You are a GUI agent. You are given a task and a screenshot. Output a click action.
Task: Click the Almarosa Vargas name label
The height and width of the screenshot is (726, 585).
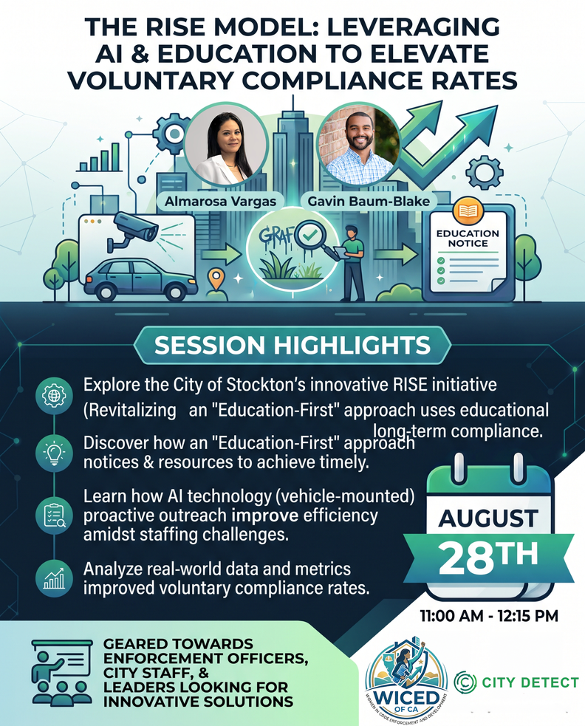(220, 202)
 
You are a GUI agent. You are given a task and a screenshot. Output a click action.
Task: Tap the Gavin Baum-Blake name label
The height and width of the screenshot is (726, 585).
(369, 202)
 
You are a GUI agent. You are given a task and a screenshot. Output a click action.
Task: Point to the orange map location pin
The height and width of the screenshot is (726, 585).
(216, 279)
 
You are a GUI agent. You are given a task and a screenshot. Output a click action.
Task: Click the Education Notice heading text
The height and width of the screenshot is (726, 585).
(468, 239)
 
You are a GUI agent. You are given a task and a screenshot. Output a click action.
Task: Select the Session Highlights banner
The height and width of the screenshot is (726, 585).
(292, 346)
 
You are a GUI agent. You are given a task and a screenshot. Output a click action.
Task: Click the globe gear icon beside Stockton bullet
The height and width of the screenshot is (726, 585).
(54, 396)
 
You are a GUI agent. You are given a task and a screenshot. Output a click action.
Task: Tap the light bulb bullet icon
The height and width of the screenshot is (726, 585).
(54, 452)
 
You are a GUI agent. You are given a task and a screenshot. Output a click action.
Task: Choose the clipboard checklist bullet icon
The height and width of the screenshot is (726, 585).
(54, 516)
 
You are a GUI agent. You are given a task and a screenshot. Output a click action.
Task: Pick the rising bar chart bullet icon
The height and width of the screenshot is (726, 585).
(54, 578)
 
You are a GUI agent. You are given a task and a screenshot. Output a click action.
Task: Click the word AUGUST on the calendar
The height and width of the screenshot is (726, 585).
(489, 518)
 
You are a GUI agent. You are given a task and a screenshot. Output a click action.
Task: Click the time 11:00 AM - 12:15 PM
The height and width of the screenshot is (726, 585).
(489, 616)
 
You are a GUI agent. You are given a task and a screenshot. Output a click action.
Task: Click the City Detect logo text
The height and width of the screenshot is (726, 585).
(530, 682)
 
